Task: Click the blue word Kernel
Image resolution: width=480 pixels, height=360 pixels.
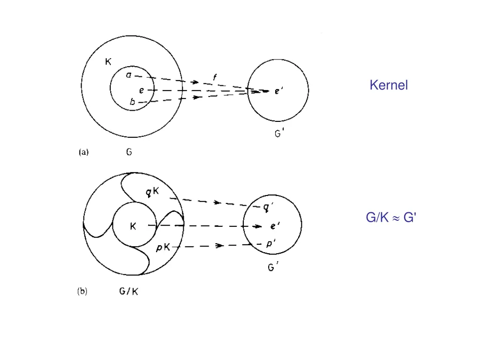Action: [x=389, y=85]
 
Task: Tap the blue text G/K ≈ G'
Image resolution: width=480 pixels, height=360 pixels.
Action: [x=391, y=217]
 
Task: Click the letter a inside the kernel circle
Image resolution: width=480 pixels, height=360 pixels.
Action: [x=128, y=75]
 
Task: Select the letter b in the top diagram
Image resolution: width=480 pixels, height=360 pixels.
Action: [x=132, y=101]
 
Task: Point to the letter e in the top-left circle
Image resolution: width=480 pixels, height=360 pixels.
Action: [x=142, y=90]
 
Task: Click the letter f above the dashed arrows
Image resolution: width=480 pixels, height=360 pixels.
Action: [x=215, y=77]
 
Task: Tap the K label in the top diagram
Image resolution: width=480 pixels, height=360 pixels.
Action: [x=108, y=62]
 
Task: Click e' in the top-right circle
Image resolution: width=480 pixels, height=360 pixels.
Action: [x=278, y=91]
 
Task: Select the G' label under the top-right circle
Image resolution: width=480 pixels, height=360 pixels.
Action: [x=279, y=134]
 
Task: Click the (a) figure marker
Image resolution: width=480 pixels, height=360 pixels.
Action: [x=83, y=152]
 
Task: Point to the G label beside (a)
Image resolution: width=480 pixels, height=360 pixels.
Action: [x=129, y=152]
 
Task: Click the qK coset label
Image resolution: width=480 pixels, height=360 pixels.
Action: [x=152, y=192]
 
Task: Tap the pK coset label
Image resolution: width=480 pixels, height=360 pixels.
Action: [x=163, y=247]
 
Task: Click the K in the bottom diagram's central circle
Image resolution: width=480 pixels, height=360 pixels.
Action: [x=133, y=226]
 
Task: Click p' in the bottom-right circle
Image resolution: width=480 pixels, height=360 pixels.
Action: [x=271, y=244]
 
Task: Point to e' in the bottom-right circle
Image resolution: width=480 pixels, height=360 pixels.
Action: [x=275, y=226]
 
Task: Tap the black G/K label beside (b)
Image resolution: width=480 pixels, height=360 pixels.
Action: [x=128, y=291]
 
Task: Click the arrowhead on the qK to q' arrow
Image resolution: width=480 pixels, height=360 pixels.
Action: [x=217, y=202]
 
